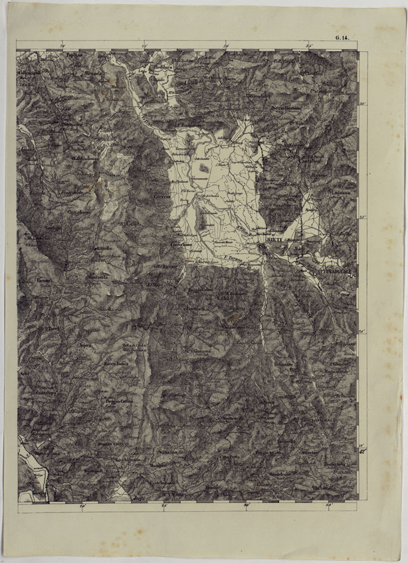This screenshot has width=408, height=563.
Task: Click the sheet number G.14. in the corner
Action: tap(349, 43)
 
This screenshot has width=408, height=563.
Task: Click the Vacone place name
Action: tap(45, 281)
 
